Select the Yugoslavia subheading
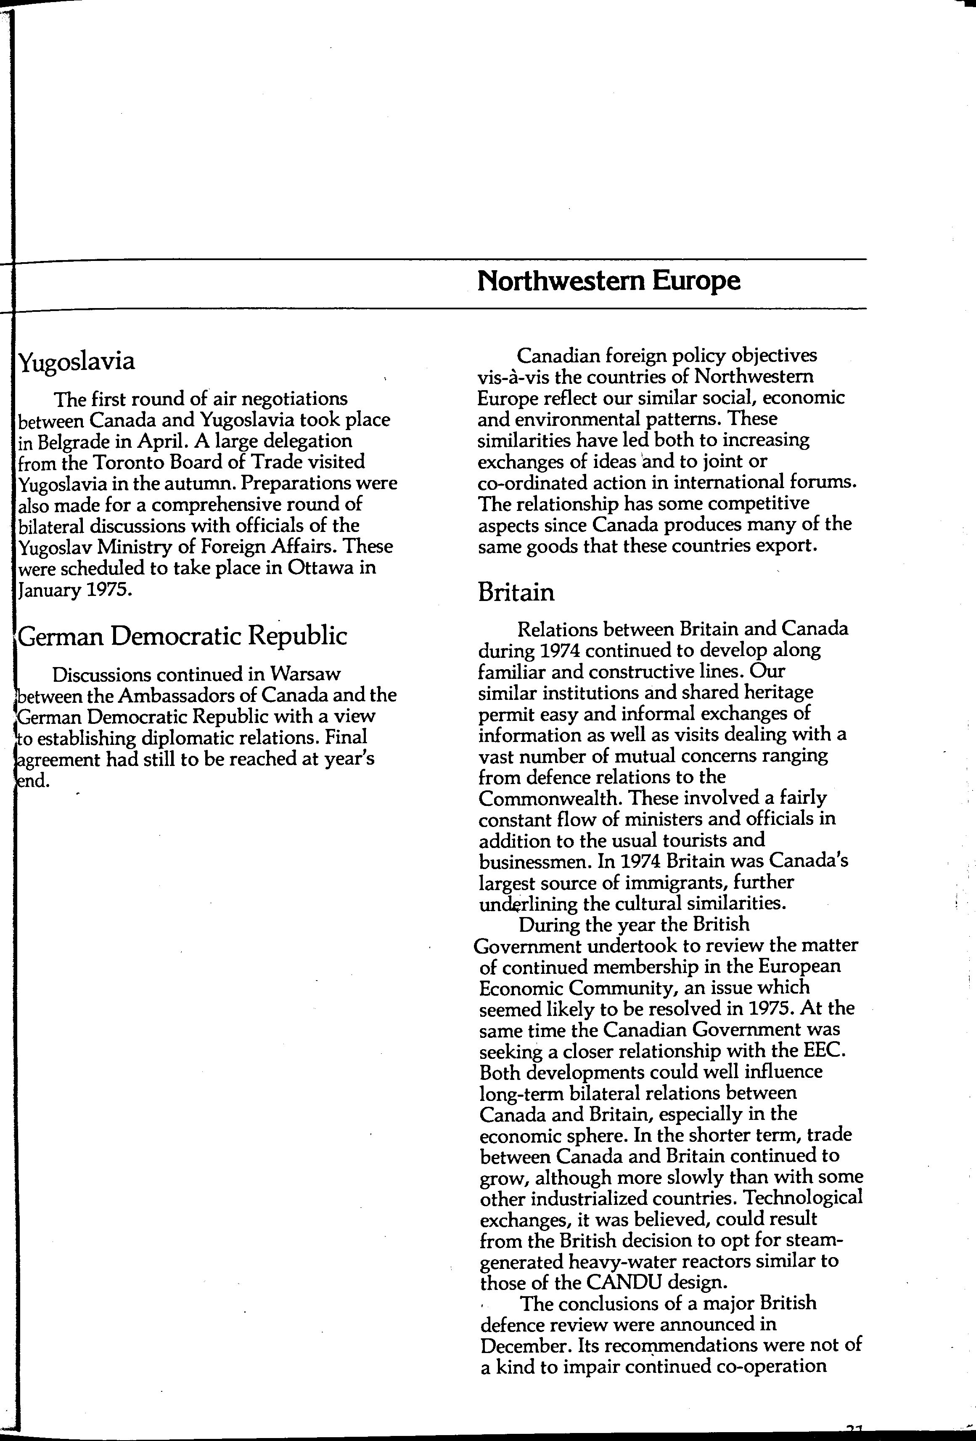[77, 361]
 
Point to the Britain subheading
[516, 592]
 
